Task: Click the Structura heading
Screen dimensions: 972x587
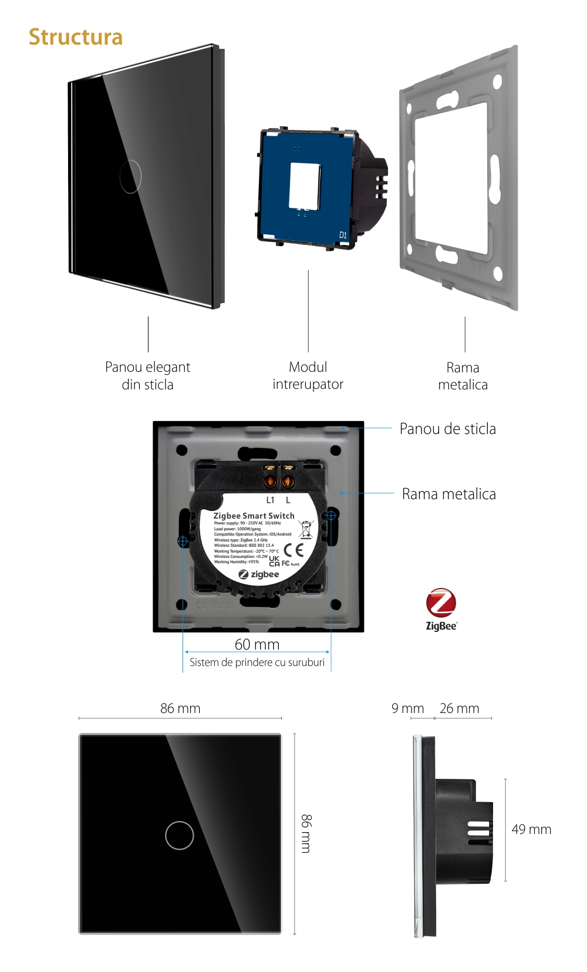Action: [76, 37]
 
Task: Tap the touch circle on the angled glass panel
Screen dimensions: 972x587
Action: [130, 176]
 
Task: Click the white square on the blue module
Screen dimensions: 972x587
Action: [305, 186]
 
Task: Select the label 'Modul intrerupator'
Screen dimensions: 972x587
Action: [308, 375]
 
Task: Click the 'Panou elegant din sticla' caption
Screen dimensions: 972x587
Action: [147, 376]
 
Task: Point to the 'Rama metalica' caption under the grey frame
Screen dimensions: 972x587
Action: [463, 376]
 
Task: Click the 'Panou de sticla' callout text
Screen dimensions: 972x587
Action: [447, 429]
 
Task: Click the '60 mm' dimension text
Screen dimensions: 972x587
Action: [257, 644]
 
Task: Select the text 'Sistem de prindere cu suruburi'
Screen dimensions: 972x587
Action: [257, 662]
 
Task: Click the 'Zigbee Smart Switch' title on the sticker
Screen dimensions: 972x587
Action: [254, 516]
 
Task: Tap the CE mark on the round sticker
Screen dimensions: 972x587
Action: [293, 550]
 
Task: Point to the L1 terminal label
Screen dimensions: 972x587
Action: [270, 500]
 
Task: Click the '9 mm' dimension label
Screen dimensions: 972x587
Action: [407, 708]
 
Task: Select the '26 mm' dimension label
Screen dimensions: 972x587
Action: [459, 708]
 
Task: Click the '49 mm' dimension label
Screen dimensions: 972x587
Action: [531, 829]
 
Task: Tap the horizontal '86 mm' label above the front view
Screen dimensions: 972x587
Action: [180, 708]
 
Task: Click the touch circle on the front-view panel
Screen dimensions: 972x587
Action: [180, 835]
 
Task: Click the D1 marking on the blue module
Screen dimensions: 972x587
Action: [343, 235]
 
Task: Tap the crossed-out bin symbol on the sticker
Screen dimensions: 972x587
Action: [306, 529]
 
